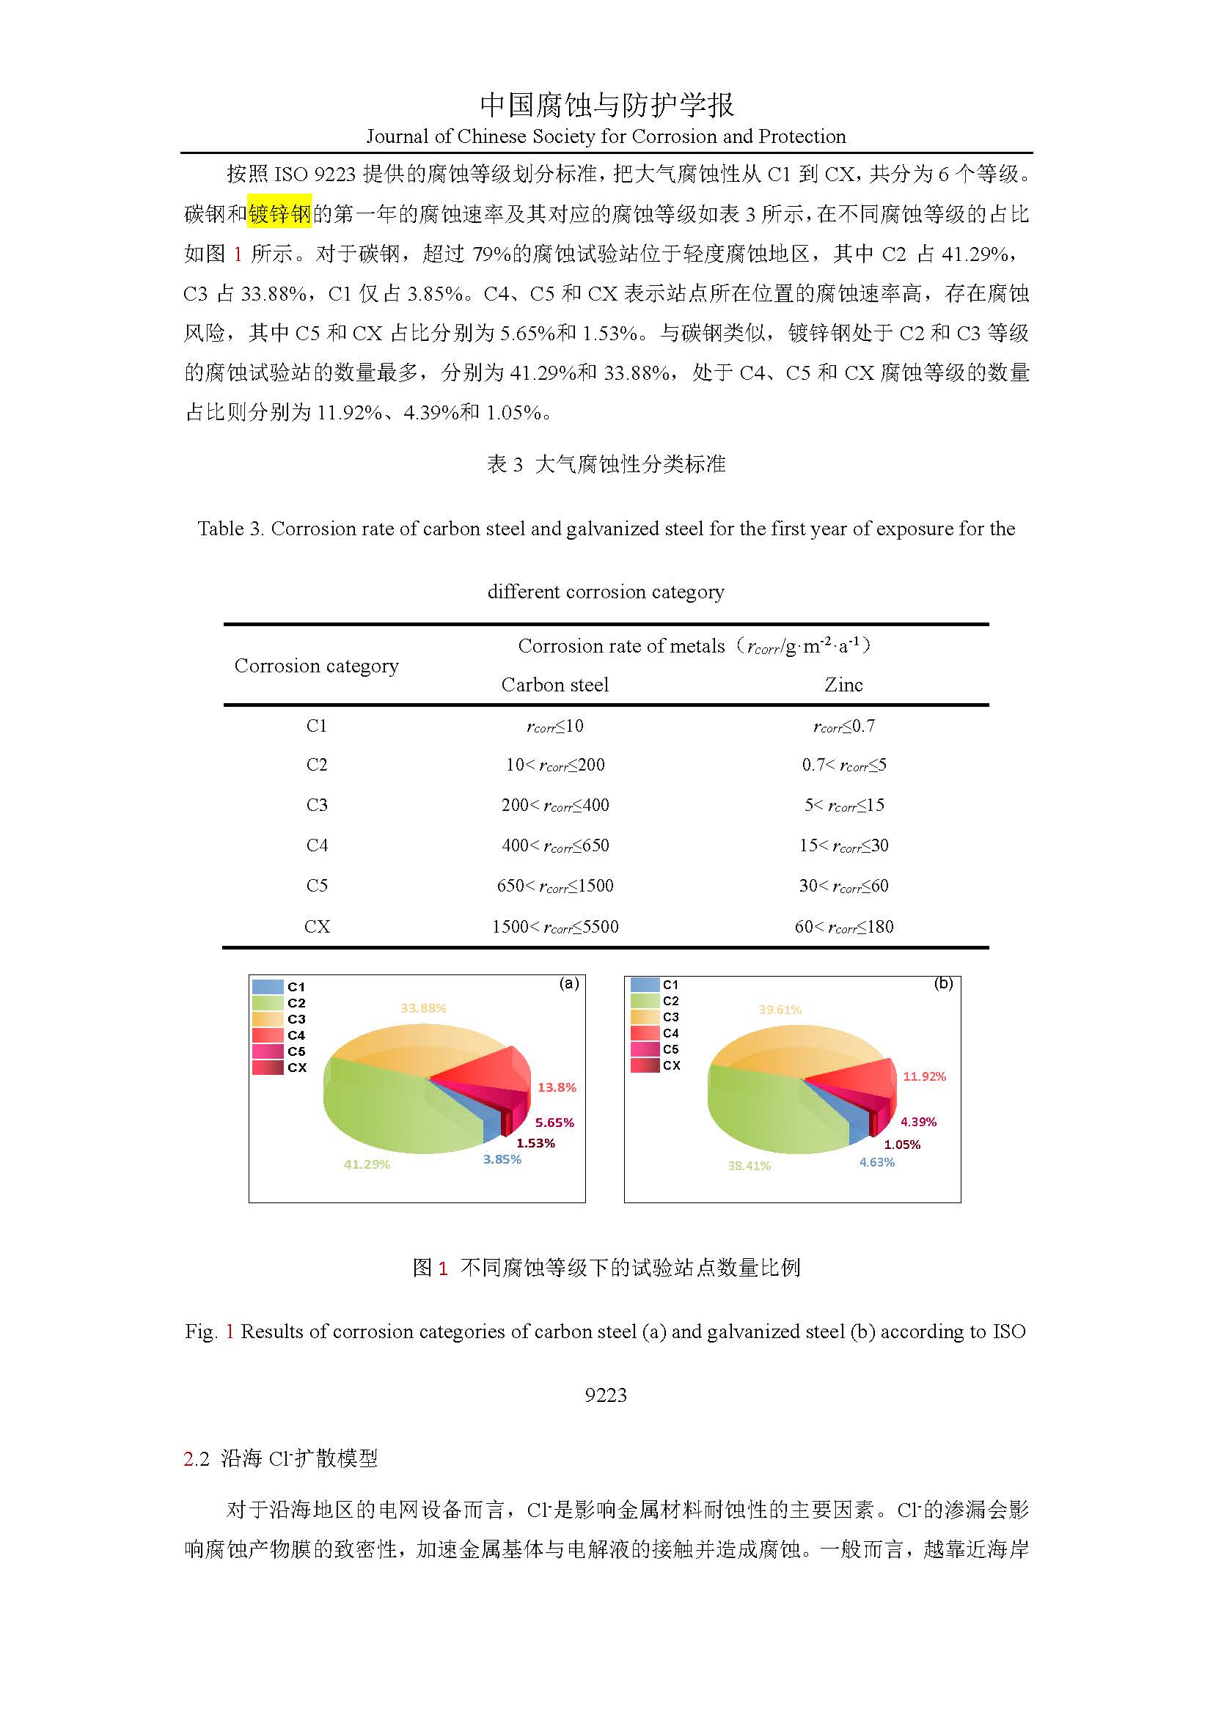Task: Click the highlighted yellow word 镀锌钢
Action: [279, 214]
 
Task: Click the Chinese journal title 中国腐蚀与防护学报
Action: [606, 106]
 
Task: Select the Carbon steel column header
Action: [554, 685]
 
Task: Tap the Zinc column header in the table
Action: [843, 685]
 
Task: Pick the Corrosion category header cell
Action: [316, 666]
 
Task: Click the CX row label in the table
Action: [317, 926]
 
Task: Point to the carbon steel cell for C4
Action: [555, 845]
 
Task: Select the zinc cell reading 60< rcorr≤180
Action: [843, 927]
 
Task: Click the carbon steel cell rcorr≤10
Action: [555, 726]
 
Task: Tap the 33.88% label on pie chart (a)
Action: [422, 1008]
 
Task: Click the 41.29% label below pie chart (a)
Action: [367, 1164]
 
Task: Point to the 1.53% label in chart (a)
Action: [535, 1143]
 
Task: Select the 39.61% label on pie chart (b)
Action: [780, 1010]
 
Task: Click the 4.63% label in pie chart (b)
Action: [876, 1162]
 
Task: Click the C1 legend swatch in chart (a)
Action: [268, 987]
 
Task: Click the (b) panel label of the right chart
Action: [943, 984]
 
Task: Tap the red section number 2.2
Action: [197, 1458]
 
